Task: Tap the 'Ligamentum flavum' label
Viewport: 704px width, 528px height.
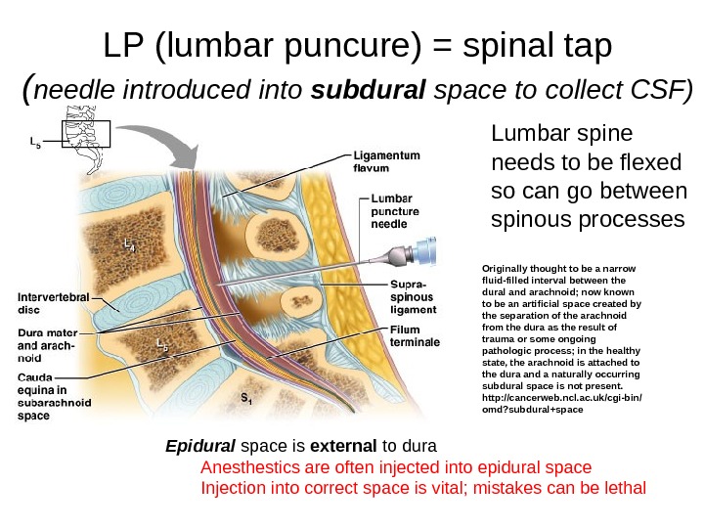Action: coord(386,162)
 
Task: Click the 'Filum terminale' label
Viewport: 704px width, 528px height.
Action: coord(415,336)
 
